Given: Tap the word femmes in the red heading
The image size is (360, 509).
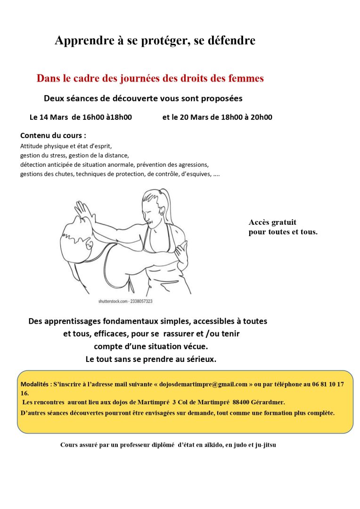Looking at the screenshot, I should click(x=246, y=79).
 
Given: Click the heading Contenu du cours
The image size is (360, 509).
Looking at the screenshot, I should click(x=53, y=136).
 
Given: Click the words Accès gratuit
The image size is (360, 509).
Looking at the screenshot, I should click(x=272, y=222).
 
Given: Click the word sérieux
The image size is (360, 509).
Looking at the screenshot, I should click(x=198, y=359).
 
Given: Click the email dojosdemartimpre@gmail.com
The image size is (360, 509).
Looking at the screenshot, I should click(x=204, y=385).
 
